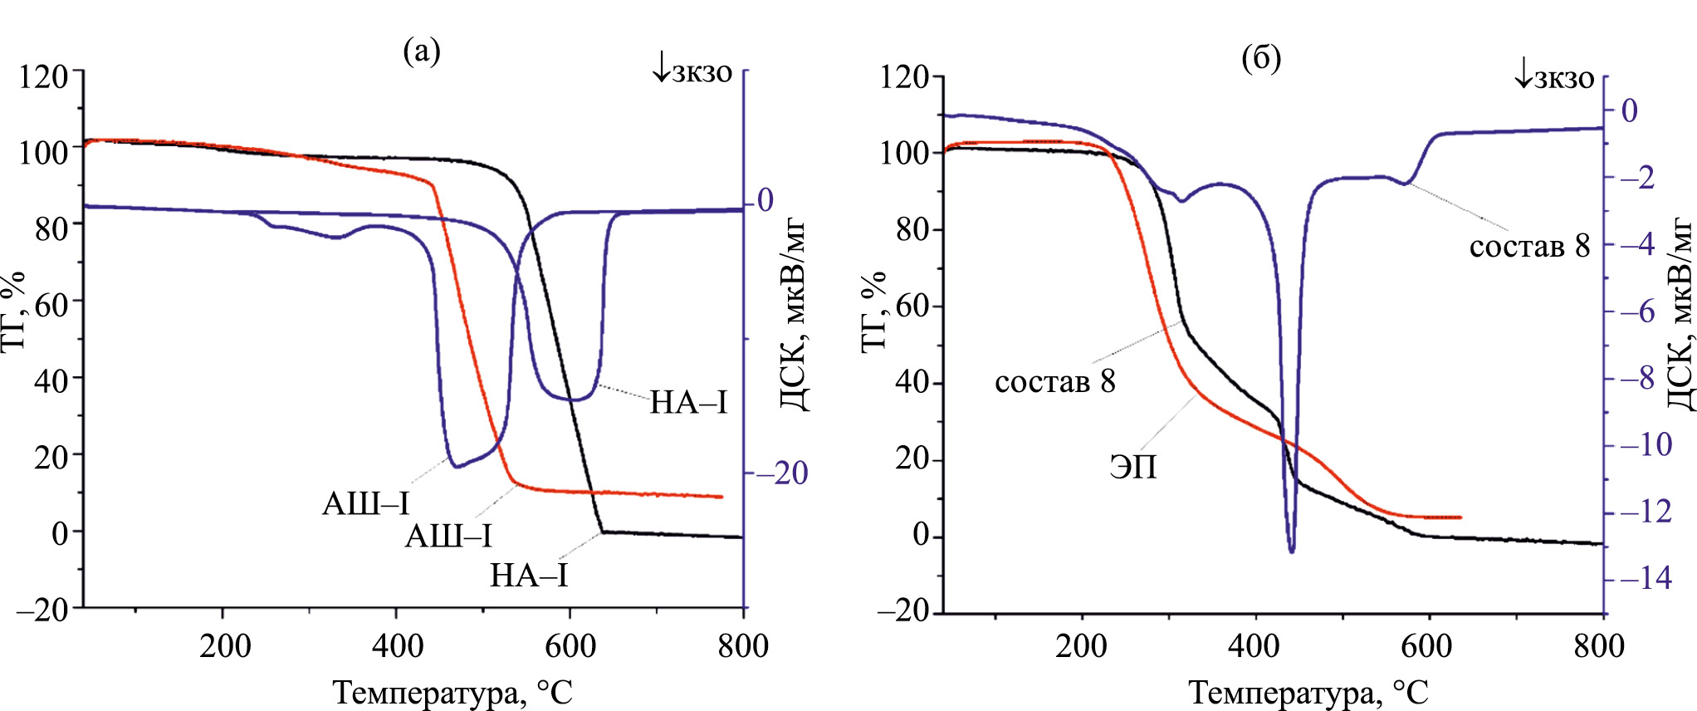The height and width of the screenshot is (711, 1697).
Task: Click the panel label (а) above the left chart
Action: [x=421, y=51]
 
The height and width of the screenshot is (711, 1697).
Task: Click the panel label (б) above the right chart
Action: [x=1261, y=57]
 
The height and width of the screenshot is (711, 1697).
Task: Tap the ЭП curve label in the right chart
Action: [x=1133, y=467]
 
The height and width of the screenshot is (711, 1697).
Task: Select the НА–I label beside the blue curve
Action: [x=687, y=403]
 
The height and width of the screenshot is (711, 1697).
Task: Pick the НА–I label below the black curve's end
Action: [x=529, y=575]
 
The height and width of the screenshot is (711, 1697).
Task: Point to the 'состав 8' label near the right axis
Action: [x=1529, y=246]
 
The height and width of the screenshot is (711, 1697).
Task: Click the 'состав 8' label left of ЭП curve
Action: [x=1054, y=381]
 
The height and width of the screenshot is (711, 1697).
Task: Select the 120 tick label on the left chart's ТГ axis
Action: [x=43, y=76]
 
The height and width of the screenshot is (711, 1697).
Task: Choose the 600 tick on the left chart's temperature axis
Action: [x=570, y=645]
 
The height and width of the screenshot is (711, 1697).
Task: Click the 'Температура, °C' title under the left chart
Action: [x=452, y=692]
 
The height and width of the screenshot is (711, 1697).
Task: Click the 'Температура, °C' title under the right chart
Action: [x=1308, y=692]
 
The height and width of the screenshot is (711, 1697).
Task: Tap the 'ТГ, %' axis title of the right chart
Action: [x=875, y=311]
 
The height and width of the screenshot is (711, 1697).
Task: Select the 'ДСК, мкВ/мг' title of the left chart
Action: [x=794, y=316]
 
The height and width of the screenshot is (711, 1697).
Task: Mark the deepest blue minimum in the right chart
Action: [x=1291, y=550]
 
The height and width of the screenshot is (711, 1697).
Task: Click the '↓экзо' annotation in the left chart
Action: [x=692, y=71]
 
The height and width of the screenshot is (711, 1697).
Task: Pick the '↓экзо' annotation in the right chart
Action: [x=1553, y=77]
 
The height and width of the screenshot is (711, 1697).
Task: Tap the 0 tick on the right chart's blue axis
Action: [x=1630, y=110]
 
